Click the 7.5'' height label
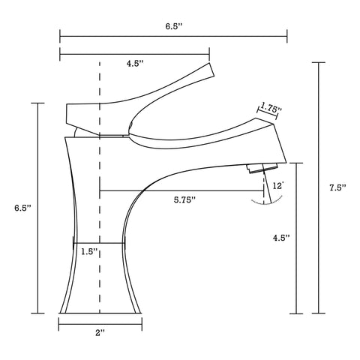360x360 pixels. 338,188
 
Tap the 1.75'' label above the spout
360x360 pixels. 271,109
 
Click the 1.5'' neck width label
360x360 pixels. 89,253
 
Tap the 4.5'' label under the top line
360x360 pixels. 135,64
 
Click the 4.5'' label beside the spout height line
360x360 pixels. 282,238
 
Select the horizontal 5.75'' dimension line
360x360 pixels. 180,190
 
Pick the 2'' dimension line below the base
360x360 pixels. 100,324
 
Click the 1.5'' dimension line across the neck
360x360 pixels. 98,243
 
